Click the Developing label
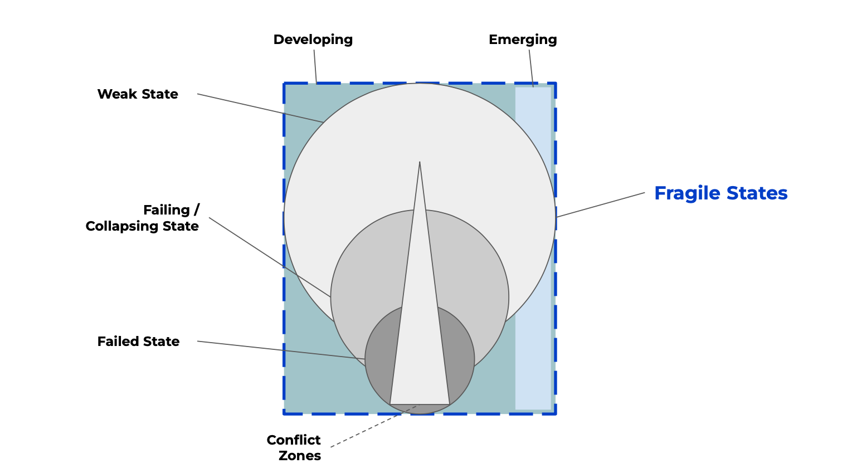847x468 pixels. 313,40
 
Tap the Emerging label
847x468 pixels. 522,40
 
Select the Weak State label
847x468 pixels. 138,94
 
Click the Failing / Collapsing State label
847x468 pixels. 143,218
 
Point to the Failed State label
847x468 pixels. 138,342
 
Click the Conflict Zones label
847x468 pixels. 294,447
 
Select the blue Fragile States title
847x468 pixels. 721,193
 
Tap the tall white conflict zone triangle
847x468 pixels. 420,334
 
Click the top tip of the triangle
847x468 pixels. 420,163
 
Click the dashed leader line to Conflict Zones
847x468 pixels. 373,426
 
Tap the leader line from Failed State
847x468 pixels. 279,350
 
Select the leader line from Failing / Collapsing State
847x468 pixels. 267,256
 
